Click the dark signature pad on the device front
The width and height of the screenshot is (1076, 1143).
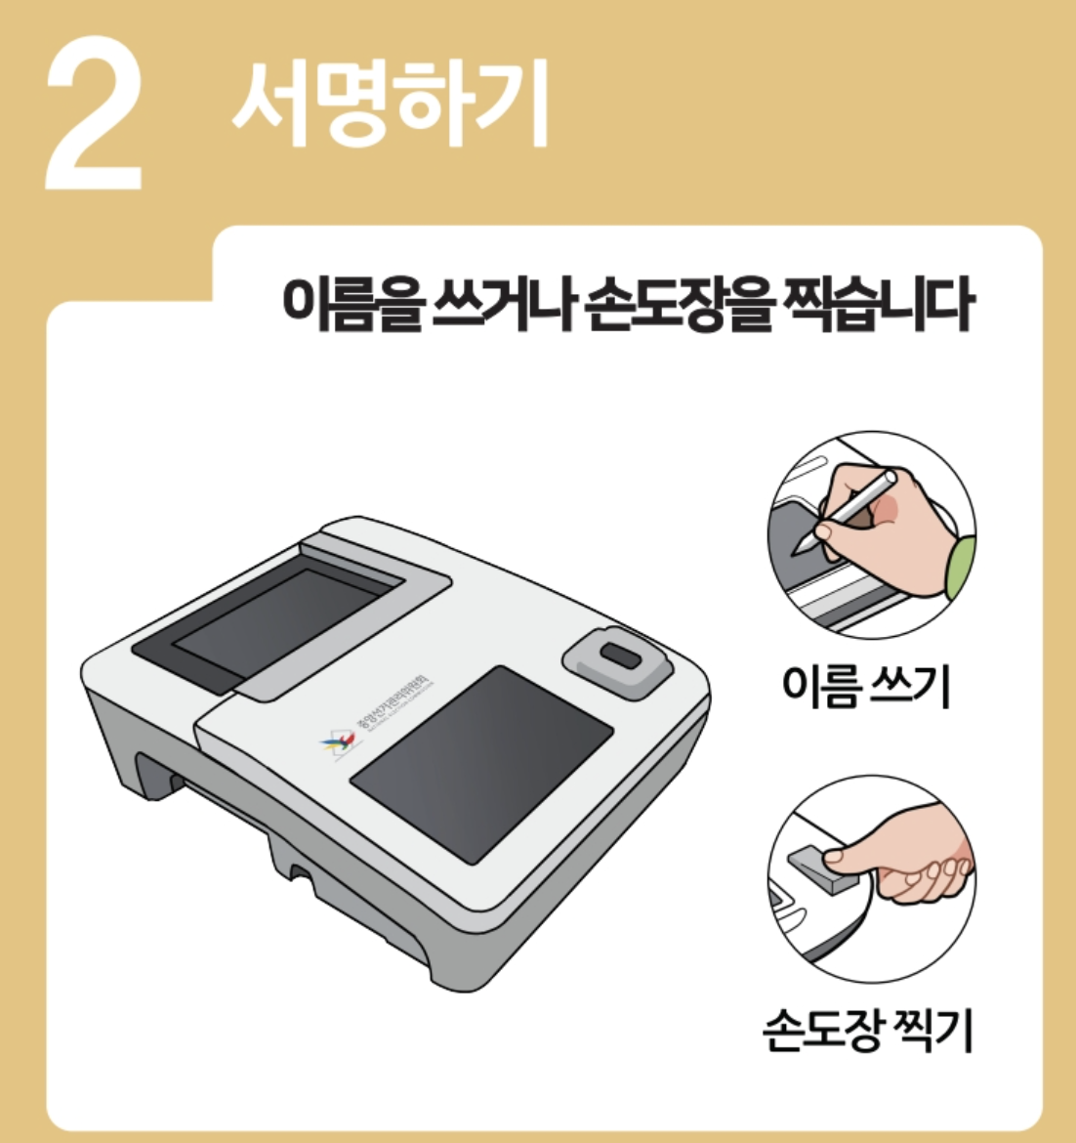pyautogui.click(x=481, y=762)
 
